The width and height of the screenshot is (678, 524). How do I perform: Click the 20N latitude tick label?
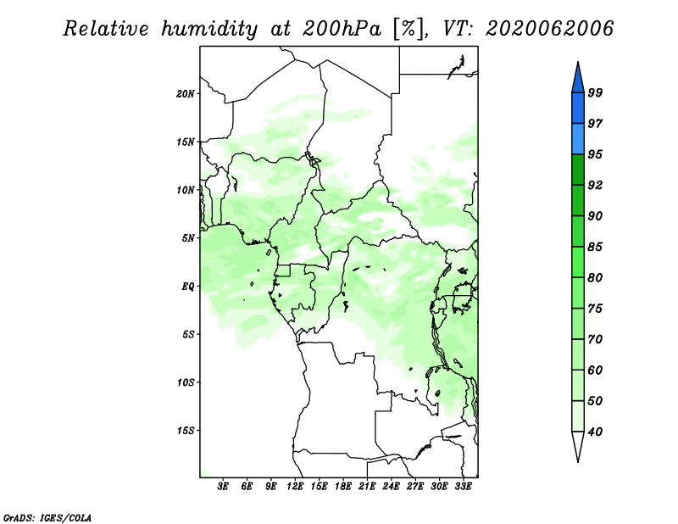click(186, 94)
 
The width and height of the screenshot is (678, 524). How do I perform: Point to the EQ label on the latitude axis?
click(187, 287)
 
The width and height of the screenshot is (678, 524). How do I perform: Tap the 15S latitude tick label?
click(186, 431)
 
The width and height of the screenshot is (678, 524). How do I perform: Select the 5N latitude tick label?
click(188, 238)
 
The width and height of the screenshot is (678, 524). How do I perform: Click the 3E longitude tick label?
click(223, 487)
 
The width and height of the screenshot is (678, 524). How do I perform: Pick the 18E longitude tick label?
click(343, 487)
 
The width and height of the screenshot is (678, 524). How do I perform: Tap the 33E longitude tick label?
click(463, 487)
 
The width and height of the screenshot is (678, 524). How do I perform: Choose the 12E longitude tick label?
click(295, 487)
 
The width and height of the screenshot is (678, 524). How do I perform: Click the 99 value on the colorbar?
click(596, 92)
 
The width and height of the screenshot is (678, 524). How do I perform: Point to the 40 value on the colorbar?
click(596, 432)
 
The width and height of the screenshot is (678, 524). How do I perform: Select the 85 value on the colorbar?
click(596, 247)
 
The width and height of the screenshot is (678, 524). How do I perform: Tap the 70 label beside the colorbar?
click(596, 339)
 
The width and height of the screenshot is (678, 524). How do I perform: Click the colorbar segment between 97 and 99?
click(578, 109)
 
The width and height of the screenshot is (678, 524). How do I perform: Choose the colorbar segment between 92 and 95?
click(578, 170)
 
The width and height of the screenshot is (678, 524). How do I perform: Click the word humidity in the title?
click(209, 29)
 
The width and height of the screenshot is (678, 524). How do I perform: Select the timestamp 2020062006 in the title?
click(549, 29)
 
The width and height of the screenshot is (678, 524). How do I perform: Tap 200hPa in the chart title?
click(342, 29)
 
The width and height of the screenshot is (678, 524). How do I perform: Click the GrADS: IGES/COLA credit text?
click(47, 518)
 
